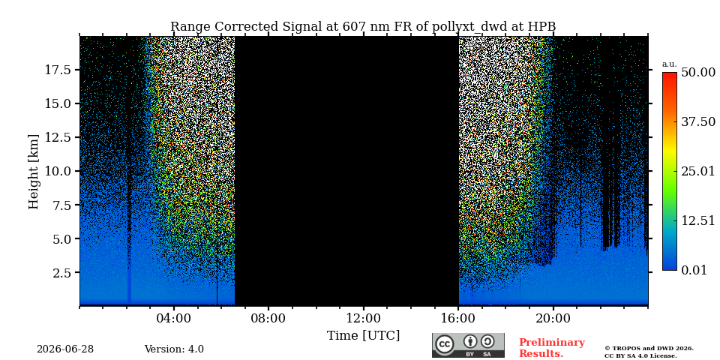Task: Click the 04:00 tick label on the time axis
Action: click(x=174, y=319)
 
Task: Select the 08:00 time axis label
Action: click(x=268, y=319)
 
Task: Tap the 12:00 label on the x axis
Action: click(x=364, y=319)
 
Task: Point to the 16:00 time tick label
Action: click(x=458, y=319)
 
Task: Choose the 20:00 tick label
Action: click(x=553, y=319)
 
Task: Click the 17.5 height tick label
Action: click(x=58, y=70)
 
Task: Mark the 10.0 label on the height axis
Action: click(x=58, y=171)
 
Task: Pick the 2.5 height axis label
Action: click(x=61, y=273)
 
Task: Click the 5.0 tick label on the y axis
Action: click(x=61, y=238)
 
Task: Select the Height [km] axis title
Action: click(x=34, y=172)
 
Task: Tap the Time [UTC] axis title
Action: click(x=363, y=336)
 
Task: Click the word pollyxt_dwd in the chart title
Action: click(x=469, y=27)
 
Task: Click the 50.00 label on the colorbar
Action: click(x=698, y=72)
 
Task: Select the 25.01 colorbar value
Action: click(x=698, y=172)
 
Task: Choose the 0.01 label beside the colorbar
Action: click(x=694, y=270)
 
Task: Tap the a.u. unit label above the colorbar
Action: click(x=670, y=64)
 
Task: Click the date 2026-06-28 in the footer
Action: click(x=65, y=349)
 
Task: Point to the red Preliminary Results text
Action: click(x=551, y=348)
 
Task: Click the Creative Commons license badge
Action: click(x=468, y=345)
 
